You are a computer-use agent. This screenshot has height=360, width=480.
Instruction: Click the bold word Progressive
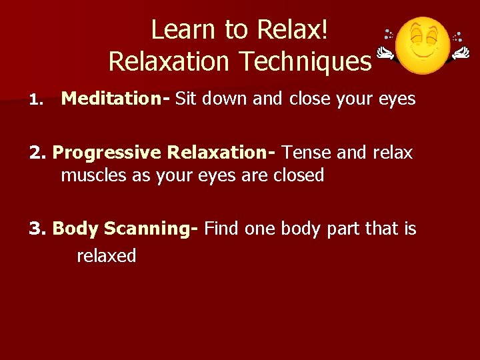pyautogui.click(x=107, y=153)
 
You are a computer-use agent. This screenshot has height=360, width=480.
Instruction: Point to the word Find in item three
pyautogui.click(x=222, y=229)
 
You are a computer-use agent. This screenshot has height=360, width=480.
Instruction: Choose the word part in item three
pyautogui.click(x=345, y=229)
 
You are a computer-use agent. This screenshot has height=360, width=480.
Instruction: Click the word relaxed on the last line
pyautogui.click(x=107, y=255)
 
